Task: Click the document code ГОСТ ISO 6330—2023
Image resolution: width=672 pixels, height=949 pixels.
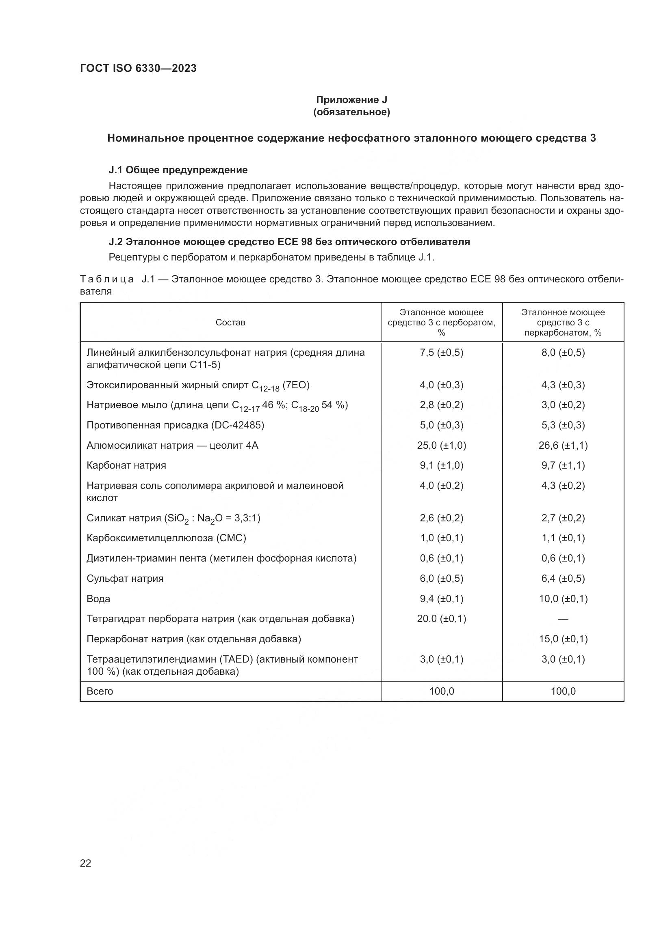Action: click(x=138, y=69)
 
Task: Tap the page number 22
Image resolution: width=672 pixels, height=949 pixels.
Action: click(x=86, y=863)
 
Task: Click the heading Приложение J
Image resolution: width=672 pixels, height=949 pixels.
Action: click(x=351, y=100)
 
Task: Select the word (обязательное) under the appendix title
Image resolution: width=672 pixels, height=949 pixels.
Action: click(x=351, y=112)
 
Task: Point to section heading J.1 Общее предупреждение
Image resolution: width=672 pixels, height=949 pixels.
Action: click(x=178, y=170)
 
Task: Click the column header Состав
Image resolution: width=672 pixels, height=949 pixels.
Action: click(x=230, y=323)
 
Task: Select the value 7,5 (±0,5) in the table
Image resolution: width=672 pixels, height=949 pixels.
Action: click(x=441, y=353)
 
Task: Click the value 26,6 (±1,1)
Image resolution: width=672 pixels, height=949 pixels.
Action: click(x=563, y=445)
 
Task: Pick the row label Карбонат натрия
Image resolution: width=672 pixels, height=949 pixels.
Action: click(x=126, y=465)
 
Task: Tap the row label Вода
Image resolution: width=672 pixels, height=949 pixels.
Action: click(x=98, y=599)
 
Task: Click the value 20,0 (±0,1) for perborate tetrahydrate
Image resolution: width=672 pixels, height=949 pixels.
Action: click(x=441, y=619)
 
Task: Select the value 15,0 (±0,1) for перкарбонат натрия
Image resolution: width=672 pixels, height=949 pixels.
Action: click(x=563, y=639)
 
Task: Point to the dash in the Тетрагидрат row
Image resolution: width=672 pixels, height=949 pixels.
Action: click(x=563, y=619)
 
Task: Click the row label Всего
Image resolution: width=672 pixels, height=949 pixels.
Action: click(x=100, y=691)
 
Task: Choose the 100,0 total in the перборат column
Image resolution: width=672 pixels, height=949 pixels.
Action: click(x=441, y=691)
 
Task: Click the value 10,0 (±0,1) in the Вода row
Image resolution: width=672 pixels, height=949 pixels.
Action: click(x=563, y=599)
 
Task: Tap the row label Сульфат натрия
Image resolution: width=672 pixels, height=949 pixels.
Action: click(x=125, y=579)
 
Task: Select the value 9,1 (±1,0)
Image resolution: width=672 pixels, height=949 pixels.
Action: click(x=441, y=465)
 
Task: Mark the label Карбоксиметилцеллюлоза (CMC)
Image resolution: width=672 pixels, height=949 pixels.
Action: click(x=166, y=538)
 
